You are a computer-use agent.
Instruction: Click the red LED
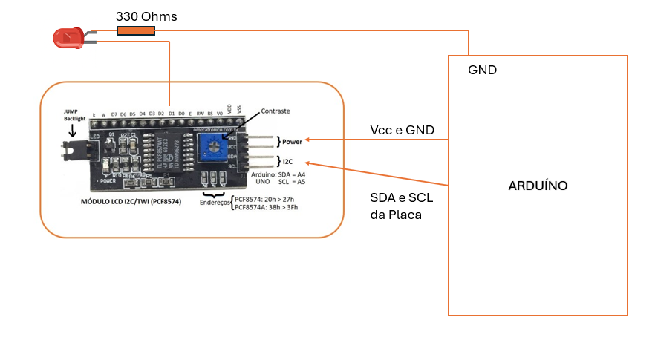(68, 38)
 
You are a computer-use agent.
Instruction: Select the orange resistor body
(136, 31)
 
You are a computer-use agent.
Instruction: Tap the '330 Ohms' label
(146, 16)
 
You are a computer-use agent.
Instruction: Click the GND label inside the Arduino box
(482, 71)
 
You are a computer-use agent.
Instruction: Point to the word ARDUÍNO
(538, 185)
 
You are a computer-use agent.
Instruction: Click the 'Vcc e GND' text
(401, 131)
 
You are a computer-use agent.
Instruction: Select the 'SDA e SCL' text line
(401, 199)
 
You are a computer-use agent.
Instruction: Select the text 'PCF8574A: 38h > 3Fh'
(267, 207)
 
